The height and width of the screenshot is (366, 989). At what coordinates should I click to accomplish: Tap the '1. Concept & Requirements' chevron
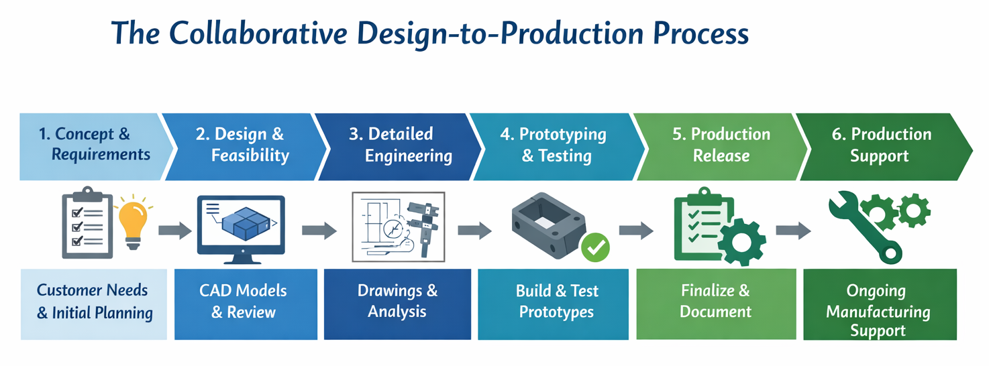91,145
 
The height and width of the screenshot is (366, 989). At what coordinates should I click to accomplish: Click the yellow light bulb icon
133,222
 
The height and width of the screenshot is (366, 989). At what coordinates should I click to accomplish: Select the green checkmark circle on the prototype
594,248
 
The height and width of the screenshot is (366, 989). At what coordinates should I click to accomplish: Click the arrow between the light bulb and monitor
175,231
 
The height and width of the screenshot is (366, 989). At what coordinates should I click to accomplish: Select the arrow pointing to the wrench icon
792,231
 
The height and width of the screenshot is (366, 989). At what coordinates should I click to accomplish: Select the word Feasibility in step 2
250,156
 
